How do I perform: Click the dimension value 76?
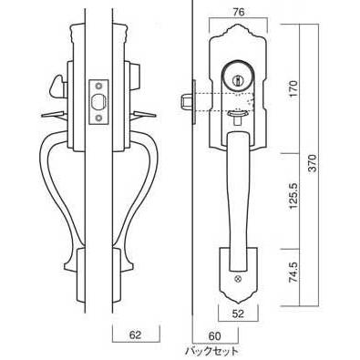[x=238, y=12]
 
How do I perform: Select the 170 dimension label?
[x=294, y=88]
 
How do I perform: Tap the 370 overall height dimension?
[x=313, y=163]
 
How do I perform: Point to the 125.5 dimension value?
[x=294, y=196]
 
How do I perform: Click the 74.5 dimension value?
[x=294, y=273]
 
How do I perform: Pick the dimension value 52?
[x=238, y=314]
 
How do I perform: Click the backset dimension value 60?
[x=214, y=336]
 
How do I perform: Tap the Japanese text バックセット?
[x=212, y=352]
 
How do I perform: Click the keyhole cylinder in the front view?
[x=237, y=77]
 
